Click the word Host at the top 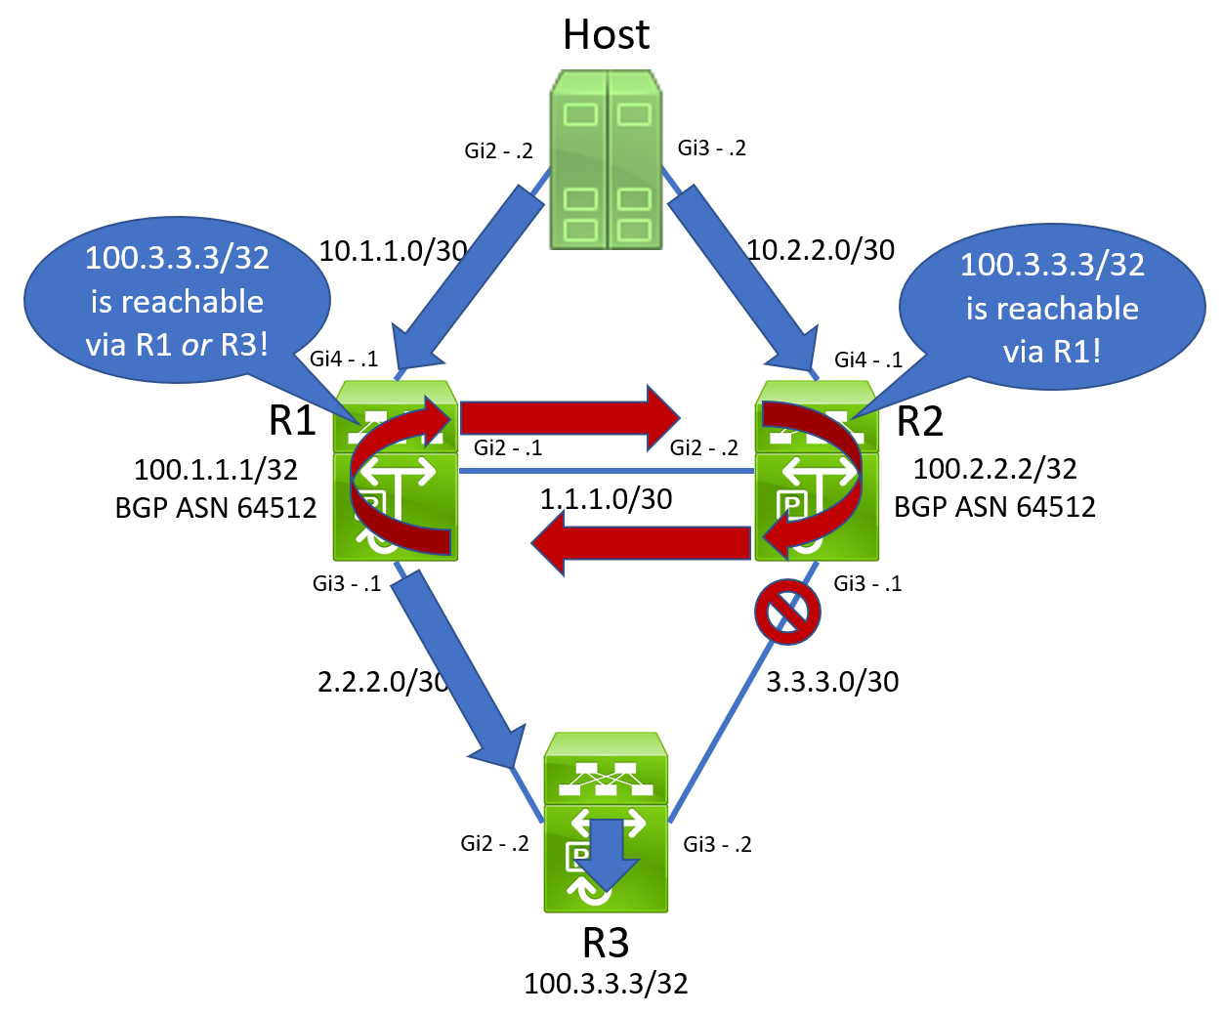point(606,35)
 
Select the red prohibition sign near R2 point(787,613)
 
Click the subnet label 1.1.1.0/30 point(606,499)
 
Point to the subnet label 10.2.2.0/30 point(821,250)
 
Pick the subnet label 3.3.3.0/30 point(832,682)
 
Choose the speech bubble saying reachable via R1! point(1052,307)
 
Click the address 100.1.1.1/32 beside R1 point(216,470)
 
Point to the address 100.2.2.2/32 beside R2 point(994,469)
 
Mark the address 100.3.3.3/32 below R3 point(606,983)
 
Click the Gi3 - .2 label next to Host point(712,148)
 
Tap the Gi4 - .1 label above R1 point(344,359)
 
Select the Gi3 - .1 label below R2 point(867,583)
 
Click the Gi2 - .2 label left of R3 point(494,843)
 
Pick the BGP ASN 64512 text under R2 point(994,507)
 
